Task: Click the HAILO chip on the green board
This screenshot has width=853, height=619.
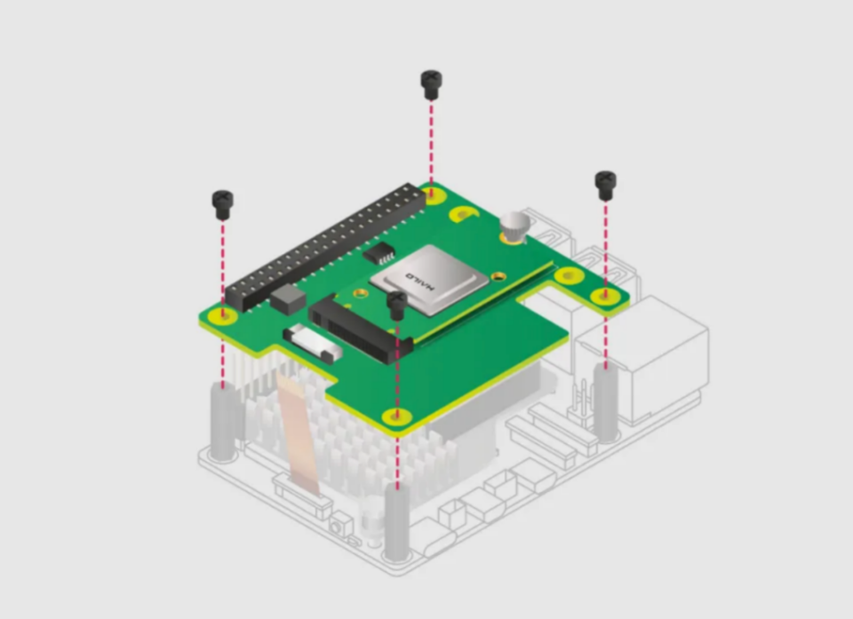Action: [x=429, y=280]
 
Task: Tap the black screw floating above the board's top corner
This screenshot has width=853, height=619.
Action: [x=431, y=85]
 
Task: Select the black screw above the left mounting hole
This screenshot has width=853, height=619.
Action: [x=222, y=205]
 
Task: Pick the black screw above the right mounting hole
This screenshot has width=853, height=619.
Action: [x=605, y=186]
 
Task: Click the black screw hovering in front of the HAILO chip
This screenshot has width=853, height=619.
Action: [x=397, y=306]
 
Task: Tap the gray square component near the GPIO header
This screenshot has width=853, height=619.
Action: [x=288, y=299]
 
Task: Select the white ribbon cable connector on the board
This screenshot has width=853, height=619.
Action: [x=312, y=343]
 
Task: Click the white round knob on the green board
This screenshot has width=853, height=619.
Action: [x=514, y=226]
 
